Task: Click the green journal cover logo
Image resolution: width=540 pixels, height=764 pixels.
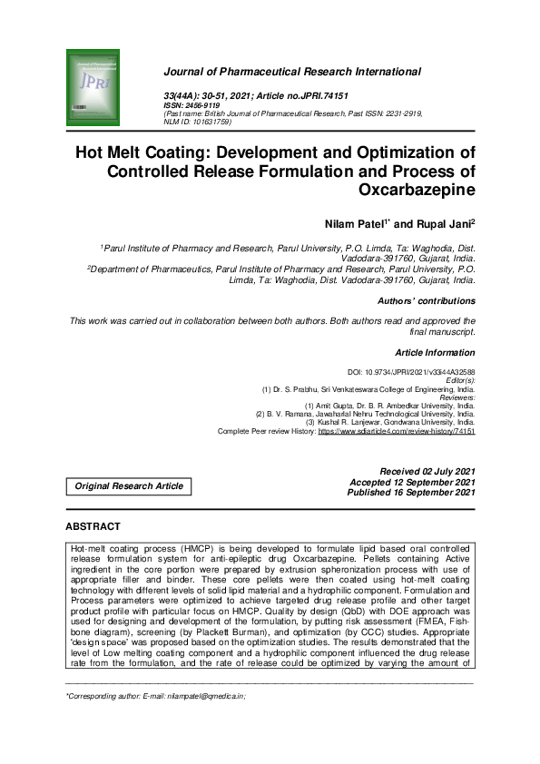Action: (x=93, y=81)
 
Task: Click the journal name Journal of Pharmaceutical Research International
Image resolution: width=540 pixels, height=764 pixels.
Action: (x=291, y=71)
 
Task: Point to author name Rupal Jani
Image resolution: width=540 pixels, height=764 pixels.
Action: (x=446, y=223)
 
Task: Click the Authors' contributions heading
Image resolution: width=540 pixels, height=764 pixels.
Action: (x=425, y=300)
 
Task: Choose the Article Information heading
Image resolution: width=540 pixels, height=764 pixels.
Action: (x=435, y=352)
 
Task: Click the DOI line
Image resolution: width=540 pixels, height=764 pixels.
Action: (x=411, y=373)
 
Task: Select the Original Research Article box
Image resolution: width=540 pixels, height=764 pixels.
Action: (x=129, y=486)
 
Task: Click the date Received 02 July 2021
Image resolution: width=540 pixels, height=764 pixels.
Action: (x=427, y=472)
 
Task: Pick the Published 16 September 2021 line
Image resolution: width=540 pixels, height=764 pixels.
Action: (x=410, y=492)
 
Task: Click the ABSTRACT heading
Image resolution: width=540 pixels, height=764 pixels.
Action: (x=93, y=526)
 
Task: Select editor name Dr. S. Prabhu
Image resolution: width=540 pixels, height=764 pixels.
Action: (x=300, y=389)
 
